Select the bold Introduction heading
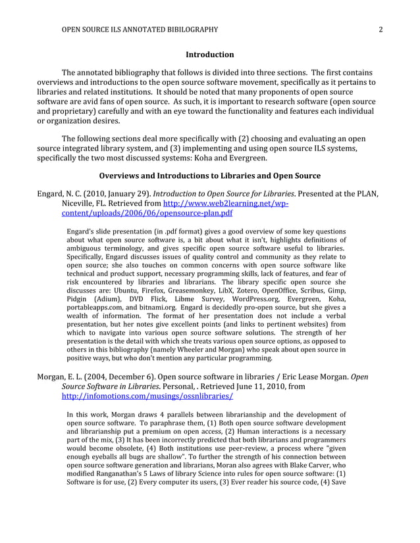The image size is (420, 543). pyautogui.click(x=209, y=55)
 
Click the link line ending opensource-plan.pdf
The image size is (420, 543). pyautogui.click(x=147, y=214)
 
